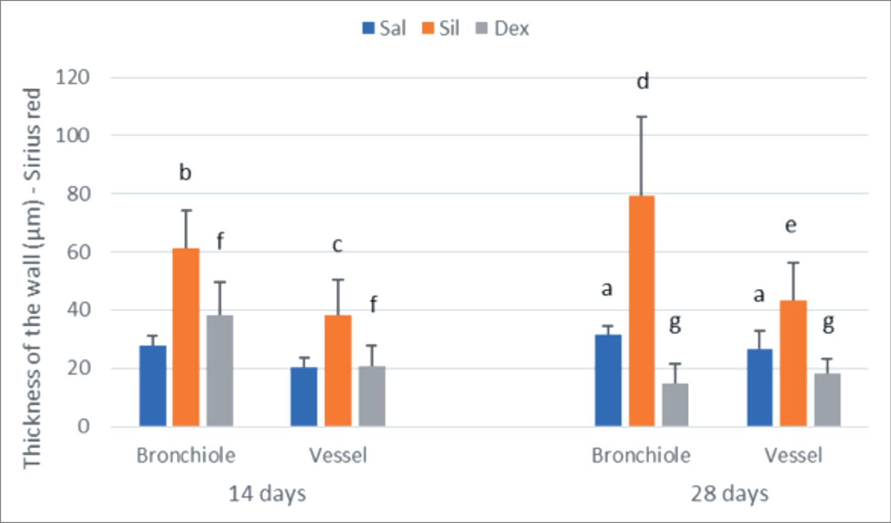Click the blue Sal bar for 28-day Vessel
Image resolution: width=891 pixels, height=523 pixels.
(760, 387)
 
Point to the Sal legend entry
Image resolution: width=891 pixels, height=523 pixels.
(384, 28)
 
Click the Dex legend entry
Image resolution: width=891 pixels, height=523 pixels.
(503, 28)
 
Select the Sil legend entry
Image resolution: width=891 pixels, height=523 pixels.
(441, 28)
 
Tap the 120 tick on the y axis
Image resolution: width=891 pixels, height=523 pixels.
(73, 78)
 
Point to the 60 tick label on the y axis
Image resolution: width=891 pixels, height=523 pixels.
(78, 251)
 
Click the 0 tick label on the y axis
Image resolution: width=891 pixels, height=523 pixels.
(84, 426)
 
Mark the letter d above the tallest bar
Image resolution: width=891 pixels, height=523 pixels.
(643, 81)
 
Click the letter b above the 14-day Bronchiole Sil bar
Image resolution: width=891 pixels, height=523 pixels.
(185, 172)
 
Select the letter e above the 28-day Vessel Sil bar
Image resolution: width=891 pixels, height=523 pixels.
(791, 225)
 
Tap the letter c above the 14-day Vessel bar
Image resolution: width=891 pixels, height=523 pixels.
(337, 245)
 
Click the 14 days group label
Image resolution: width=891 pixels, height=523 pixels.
(267, 494)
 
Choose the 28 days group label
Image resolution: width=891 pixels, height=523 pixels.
(729, 494)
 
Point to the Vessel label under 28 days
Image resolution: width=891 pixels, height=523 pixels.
(793, 455)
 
